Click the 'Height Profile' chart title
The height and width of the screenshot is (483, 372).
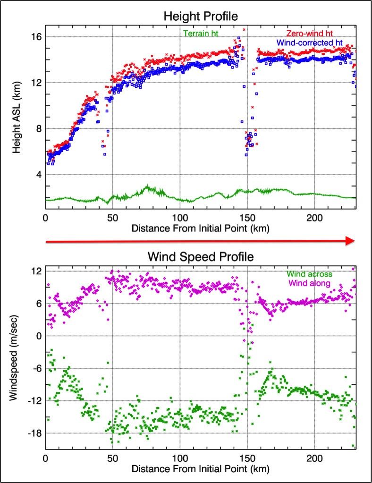[200, 16]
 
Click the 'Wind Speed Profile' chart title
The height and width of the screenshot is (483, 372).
[200, 257]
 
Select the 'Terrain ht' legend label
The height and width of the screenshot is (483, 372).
[201, 33]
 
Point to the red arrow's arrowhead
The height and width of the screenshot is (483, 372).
[350, 241]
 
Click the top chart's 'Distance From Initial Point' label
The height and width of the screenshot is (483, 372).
[200, 229]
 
